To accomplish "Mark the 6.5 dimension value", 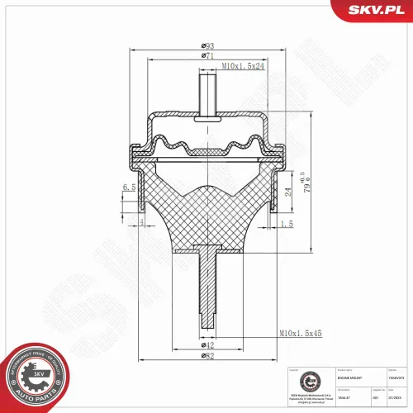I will pos(128,188).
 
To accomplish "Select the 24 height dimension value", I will pos(288,192).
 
